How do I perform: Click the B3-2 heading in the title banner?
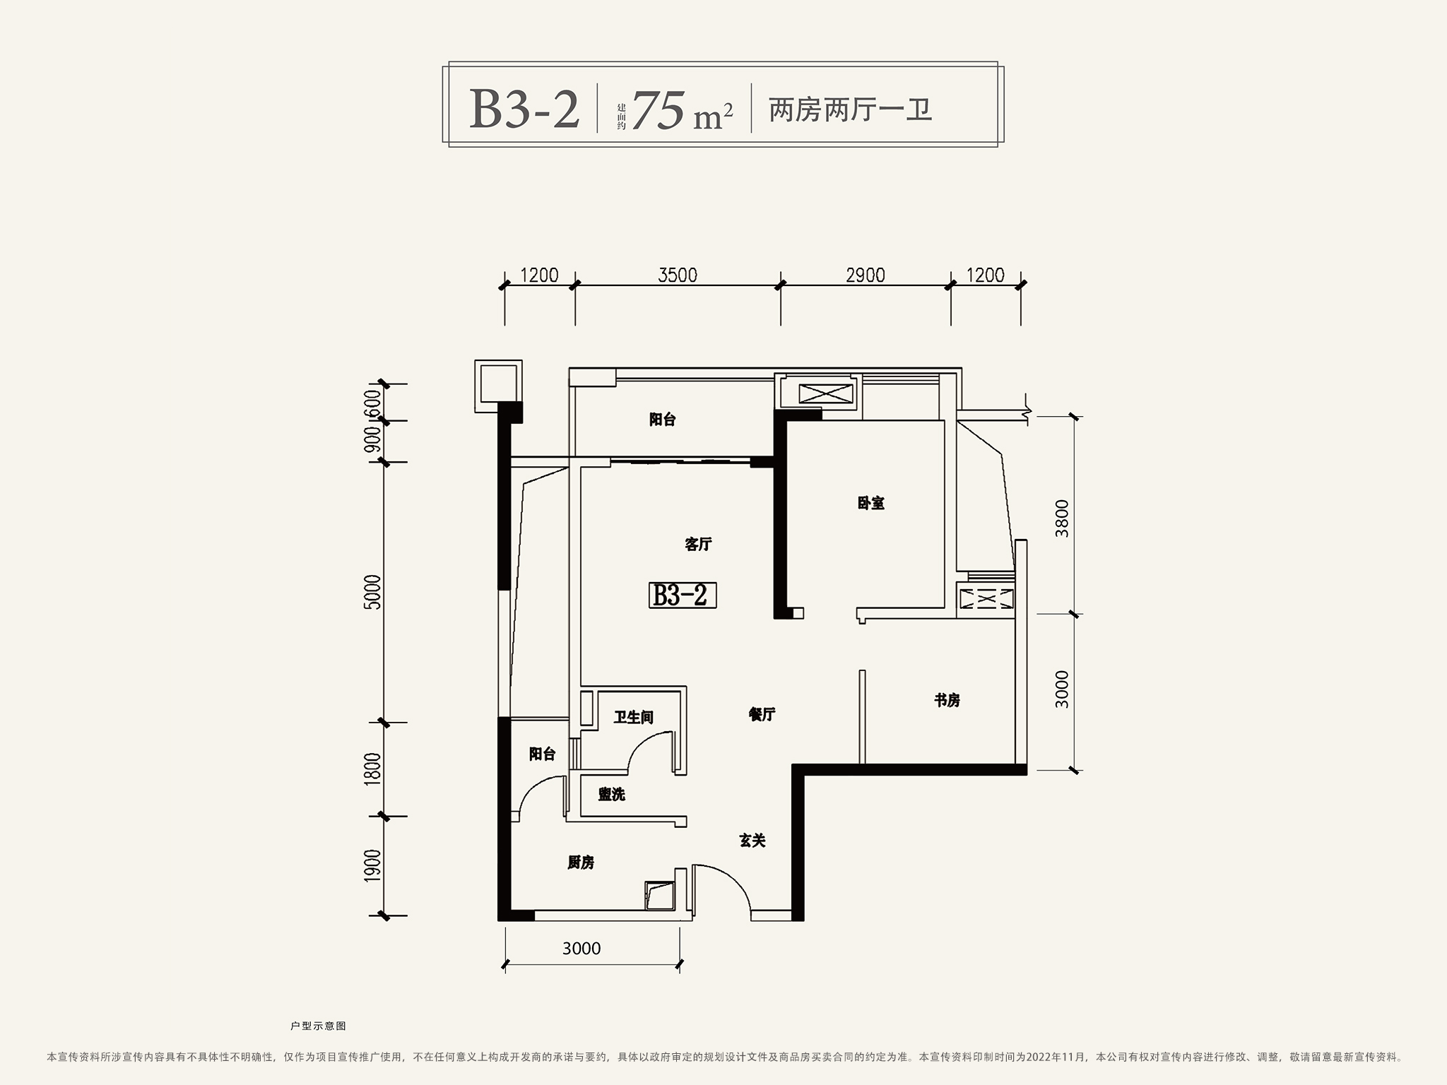click(x=524, y=109)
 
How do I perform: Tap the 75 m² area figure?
click(x=683, y=111)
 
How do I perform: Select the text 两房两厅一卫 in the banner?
click(x=851, y=110)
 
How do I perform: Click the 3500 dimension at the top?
click(x=678, y=275)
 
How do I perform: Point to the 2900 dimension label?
click(x=866, y=275)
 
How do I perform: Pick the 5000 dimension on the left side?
click(x=372, y=592)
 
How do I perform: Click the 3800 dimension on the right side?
click(x=1062, y=518)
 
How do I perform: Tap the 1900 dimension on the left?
click(x=372, y=865)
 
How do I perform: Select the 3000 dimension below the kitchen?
click(x=581, y=949)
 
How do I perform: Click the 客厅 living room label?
click(x=698, y=544)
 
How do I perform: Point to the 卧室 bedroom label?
click(x=871, y=503)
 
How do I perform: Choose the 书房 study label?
click(x=947, y=700)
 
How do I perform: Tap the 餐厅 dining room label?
click(x=762, y=714)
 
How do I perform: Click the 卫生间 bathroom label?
click(x=633, y=718)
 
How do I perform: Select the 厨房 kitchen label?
click(x=581, y=862)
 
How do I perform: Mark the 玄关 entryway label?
click(x=752, y=841)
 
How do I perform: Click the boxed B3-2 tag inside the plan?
click(x=683, y=595)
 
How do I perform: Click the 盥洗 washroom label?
click(x=612, y=795)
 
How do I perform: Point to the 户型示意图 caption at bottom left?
click(x=319, y=1026)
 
